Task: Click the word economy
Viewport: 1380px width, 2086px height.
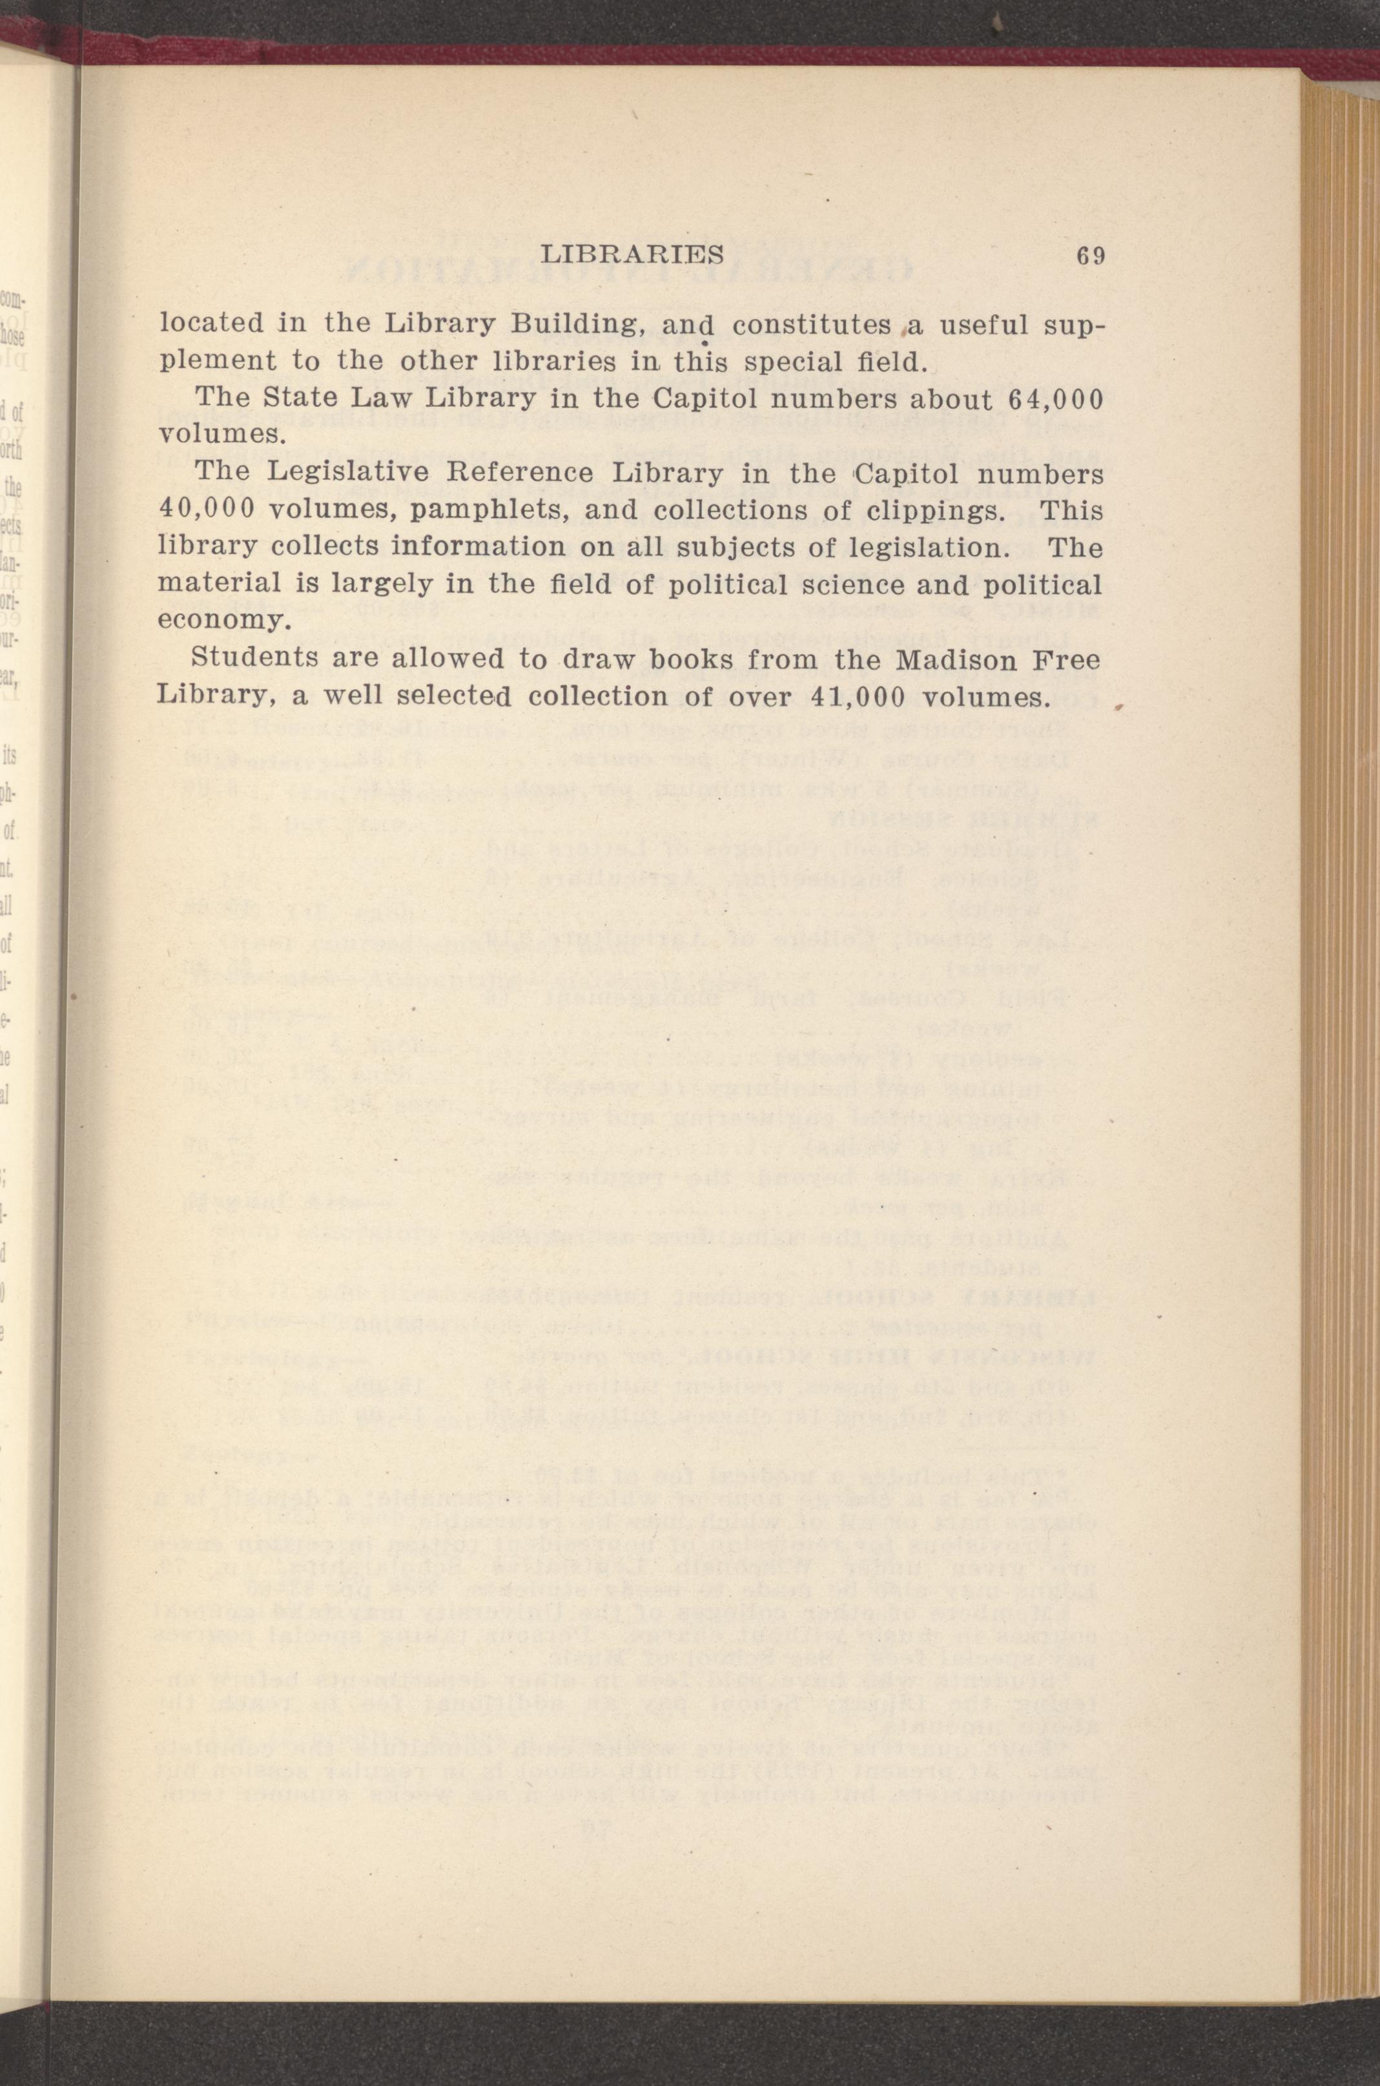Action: [x=223, y=621]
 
